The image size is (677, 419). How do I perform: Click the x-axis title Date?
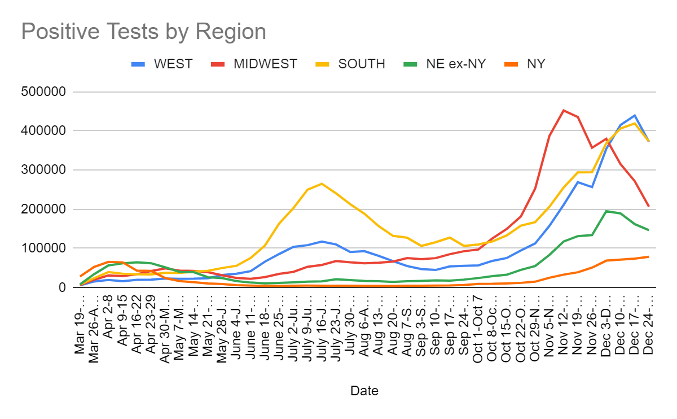coord(364,391)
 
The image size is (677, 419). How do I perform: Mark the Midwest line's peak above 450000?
coord(564,110)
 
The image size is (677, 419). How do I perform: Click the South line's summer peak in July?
coord(321,184)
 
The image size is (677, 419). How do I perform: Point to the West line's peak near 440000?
coord(635,115)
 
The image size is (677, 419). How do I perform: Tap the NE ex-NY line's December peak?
coord(606,211)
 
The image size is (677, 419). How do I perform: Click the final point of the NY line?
coord(649,256)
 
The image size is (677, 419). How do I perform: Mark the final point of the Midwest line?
coord(649,206)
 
